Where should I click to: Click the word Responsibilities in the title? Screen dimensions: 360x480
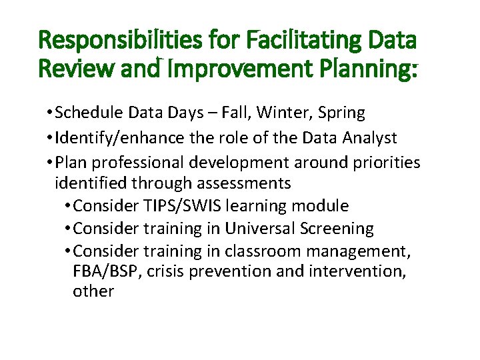110,41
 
